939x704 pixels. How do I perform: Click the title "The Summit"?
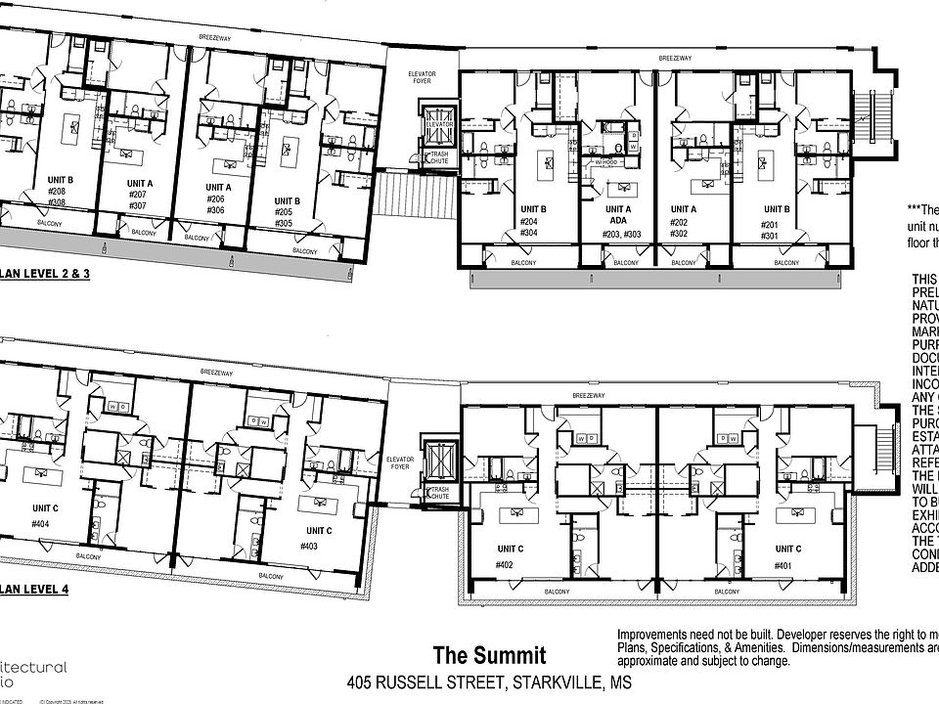tap(490, 655)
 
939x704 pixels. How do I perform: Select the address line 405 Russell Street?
tap(490, 682)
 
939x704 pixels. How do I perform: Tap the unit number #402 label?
tap(505, 564)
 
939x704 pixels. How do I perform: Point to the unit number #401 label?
tap(782, 564)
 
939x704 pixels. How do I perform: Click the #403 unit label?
tap(309, 547)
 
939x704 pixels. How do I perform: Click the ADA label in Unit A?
tap(617, 221)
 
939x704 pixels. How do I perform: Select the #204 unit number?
tap(529, 221)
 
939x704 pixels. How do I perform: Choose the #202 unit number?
tap(681, 221)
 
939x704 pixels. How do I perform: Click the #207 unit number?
tap(138, 195)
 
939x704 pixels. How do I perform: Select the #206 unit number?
tap(215, 198)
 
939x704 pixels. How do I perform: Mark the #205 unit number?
tap(285, 211)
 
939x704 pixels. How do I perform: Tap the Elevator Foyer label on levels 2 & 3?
tap(423, 78)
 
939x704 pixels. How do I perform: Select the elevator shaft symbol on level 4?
tap(439, 459)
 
